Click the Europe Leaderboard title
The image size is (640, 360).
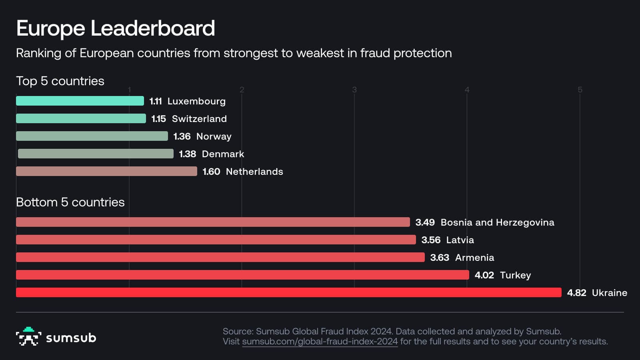[x=116, y=28]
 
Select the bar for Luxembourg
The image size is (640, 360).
[x=80, y=101]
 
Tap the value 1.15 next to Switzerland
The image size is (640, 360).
[x=158, y=119]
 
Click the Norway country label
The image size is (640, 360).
[x=214, y=136]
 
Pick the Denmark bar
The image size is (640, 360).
[x=96, y=154]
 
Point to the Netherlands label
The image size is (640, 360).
[x=254, y=172]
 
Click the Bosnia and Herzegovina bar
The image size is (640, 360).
[x=213, y=222]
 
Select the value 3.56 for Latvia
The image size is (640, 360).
[x=431, y=240]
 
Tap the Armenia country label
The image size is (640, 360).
[x=474, y=258]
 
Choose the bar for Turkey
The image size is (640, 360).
[x=242, y=275]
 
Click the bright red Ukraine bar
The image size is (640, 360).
[x=288, y=292]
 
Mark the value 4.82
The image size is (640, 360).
[x=576, y=293]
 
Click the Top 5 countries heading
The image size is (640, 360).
[x=60, y=81]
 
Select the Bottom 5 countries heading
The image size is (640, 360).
[x=70, y=202]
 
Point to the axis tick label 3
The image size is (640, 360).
[x=354, y=90]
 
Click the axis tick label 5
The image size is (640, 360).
[x=580, y=90]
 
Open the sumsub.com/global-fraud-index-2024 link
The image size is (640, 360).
[x=320, y=342]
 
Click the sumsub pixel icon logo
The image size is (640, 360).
[x=28, y=337]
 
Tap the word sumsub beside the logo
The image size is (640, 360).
[x=71, y=338]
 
